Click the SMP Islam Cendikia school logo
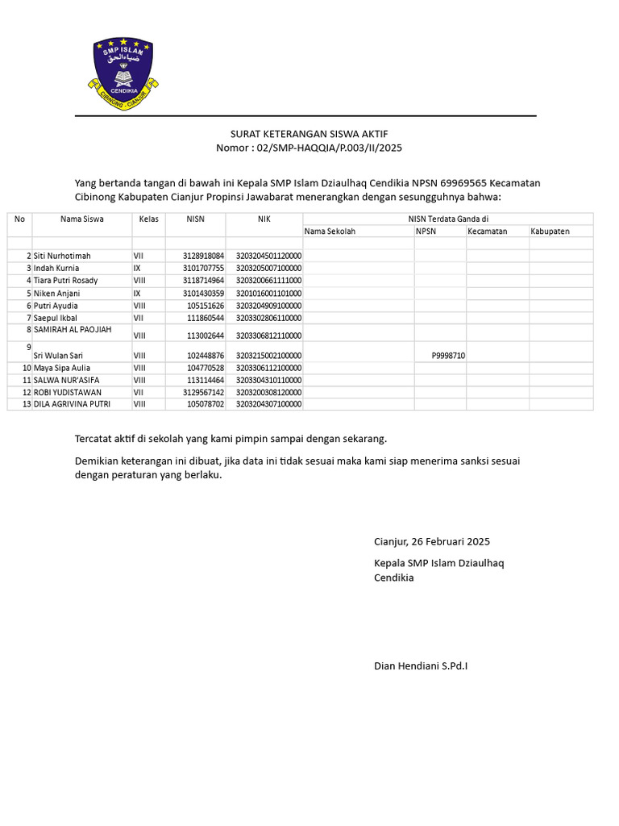point(123,73)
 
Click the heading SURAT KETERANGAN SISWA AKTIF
point(309,134)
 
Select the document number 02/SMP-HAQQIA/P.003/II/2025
point(328,148)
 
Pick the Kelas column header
point(148,219)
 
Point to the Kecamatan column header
point(488,232)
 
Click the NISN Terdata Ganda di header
point(448,219)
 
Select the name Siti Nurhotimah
point(62,256)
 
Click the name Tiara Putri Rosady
point(65,281)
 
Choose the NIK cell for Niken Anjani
point(268,294)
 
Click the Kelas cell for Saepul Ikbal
point(139,319)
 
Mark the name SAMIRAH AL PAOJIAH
point(72,330)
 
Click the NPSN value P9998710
point(448,356)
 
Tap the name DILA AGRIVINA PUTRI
point(72,404)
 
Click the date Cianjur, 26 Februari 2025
point(431,541)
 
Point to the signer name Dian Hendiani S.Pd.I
point(421,666)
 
